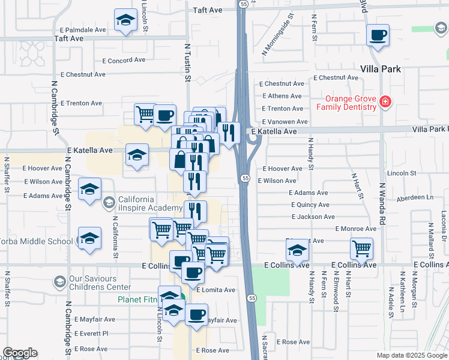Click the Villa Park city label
click(381, 69)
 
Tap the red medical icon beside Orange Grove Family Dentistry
click(385, 103)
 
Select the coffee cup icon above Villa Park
click(378, 36)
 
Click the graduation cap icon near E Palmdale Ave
click(125, 21)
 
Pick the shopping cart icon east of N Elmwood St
click(361, 248)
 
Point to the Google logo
click(20, 353)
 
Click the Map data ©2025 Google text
click(411, 355)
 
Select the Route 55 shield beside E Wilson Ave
click(246, 178)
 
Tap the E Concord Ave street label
click(124, 60)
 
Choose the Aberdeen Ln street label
click(413, 197)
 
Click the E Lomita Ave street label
click(215, 290)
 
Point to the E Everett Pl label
click(91, 333)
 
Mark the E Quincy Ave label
click(308, 205)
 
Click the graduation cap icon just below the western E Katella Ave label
click(137, 156)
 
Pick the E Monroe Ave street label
click(356, 229)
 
